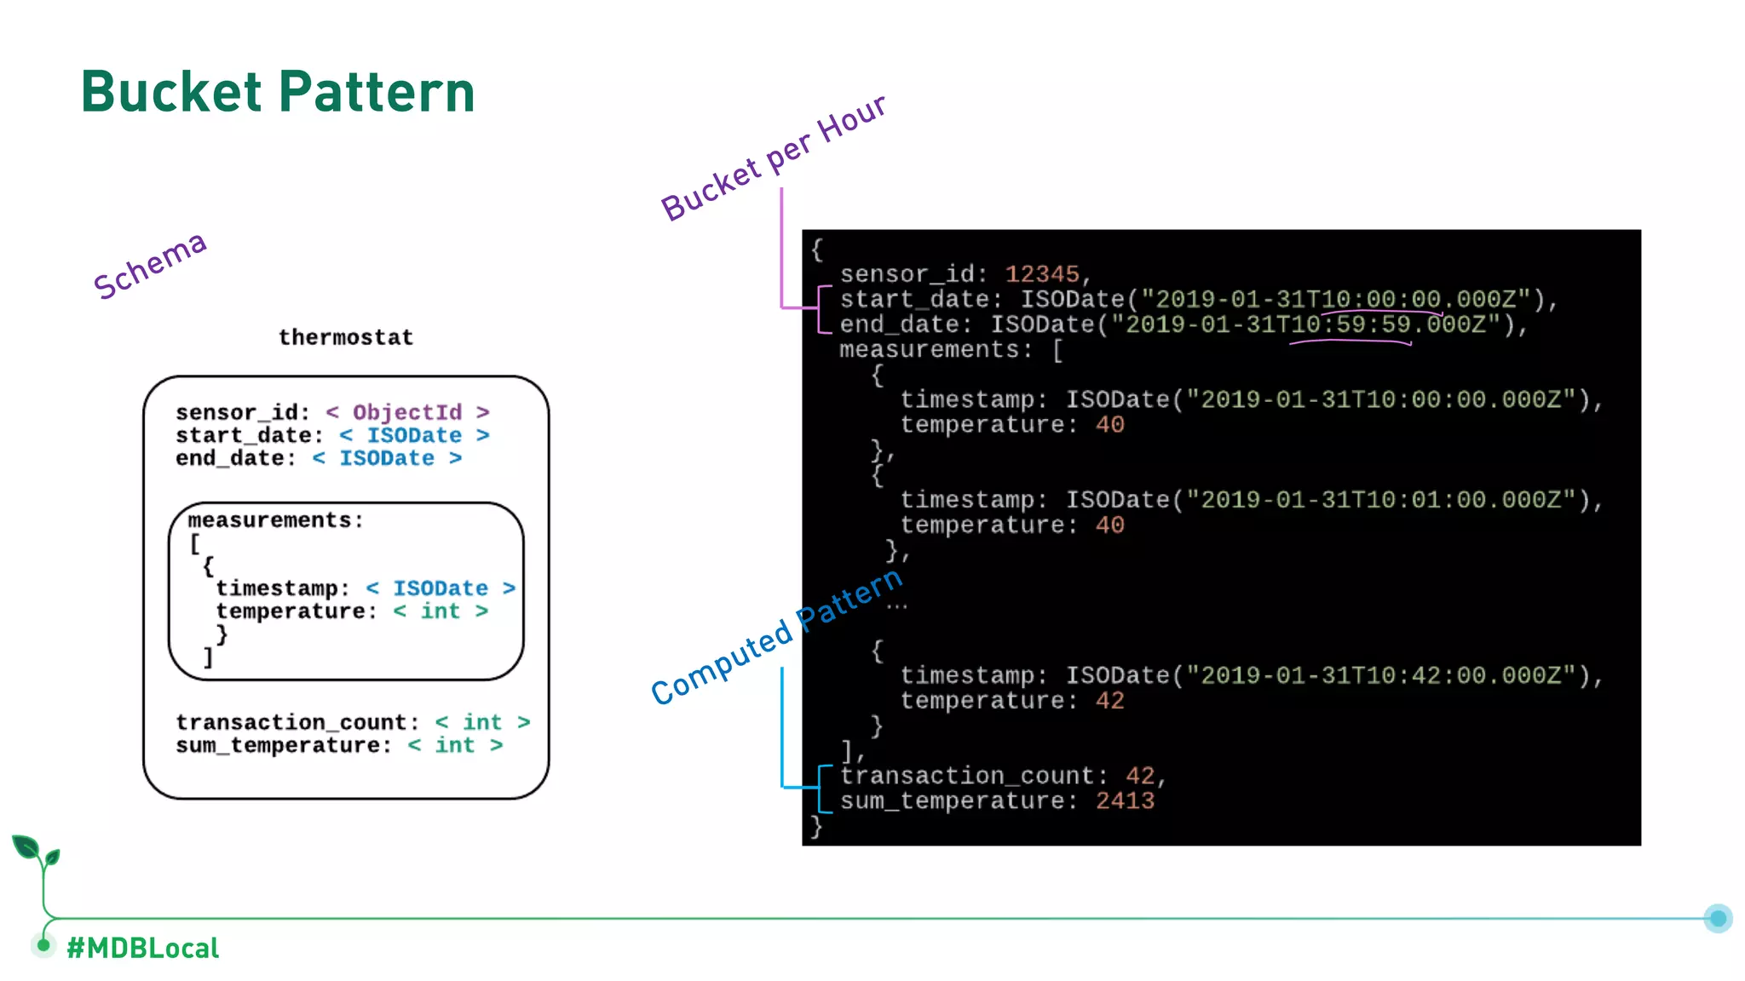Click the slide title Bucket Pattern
[278, 92]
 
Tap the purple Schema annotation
[150, 266]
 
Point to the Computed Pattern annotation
[776, 636]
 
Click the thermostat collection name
[346, 337]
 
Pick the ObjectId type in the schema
[407, 412]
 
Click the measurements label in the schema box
[274, 520]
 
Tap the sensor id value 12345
[1042, 274]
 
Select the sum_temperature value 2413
[1125, 800]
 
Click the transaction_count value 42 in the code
[1140, 776]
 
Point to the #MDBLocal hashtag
[143, 948]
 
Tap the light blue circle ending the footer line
[1718, 918]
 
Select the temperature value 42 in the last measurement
[1109, 701]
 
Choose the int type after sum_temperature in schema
[455, 745]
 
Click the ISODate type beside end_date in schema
[387, 458]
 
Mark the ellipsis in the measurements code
[896, 606]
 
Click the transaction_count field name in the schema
[291, 722]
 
